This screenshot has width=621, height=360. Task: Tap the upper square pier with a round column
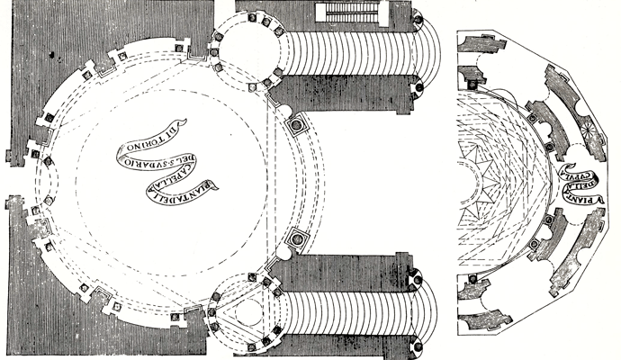(x=294, y=125)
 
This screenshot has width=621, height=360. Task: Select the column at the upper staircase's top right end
(x=419, y=17)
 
